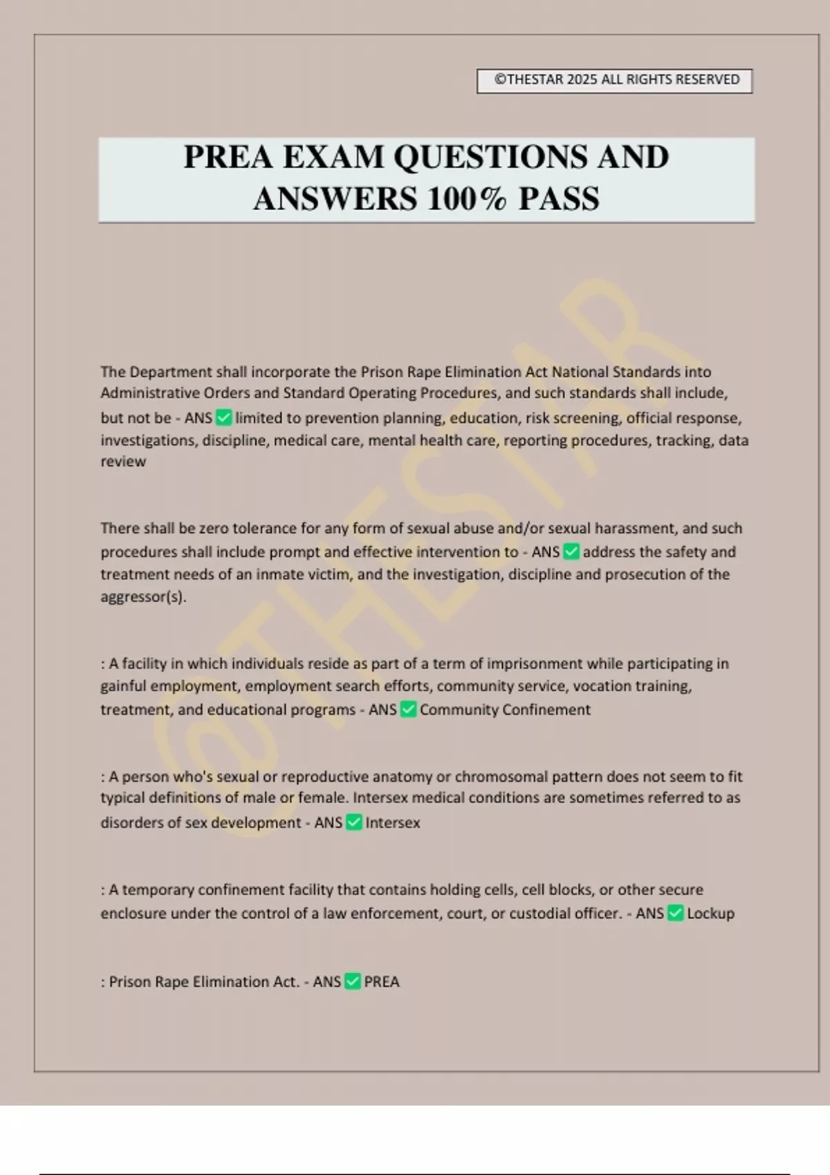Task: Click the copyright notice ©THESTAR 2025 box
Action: point(614,80)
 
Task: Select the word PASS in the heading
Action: point(559,199)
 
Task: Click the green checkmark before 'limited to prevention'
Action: point(223,417)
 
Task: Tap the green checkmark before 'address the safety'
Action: point(571,552)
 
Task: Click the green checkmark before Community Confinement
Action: point(408,709)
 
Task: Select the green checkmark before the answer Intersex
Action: point(353,822)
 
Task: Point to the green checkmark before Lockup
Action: point(676,913)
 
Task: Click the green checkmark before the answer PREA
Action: point(352,981)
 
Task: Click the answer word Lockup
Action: point(710,913)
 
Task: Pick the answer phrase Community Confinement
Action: point(505,709)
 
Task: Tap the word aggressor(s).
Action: point(143,596)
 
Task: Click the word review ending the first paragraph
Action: point(123,462)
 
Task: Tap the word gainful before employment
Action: point(123,686)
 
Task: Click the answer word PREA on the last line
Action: point(382,981)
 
